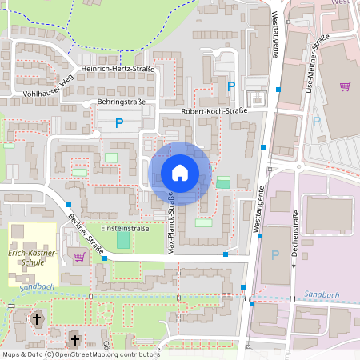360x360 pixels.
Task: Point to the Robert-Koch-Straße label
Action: point(211,111)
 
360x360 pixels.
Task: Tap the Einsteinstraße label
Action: point(119,228)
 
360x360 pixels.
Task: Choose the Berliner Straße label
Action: point(86,237)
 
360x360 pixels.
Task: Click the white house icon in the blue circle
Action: point(179,172)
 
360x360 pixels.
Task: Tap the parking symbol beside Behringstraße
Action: point(119,123)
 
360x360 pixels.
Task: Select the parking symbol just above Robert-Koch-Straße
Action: point(232,86)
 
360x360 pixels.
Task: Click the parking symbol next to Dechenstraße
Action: point(276,255)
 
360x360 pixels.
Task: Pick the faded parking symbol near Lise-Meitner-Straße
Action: point(317,122)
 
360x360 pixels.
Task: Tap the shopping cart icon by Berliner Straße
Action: point(79,257)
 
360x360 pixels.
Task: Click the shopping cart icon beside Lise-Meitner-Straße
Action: point(345,86)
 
